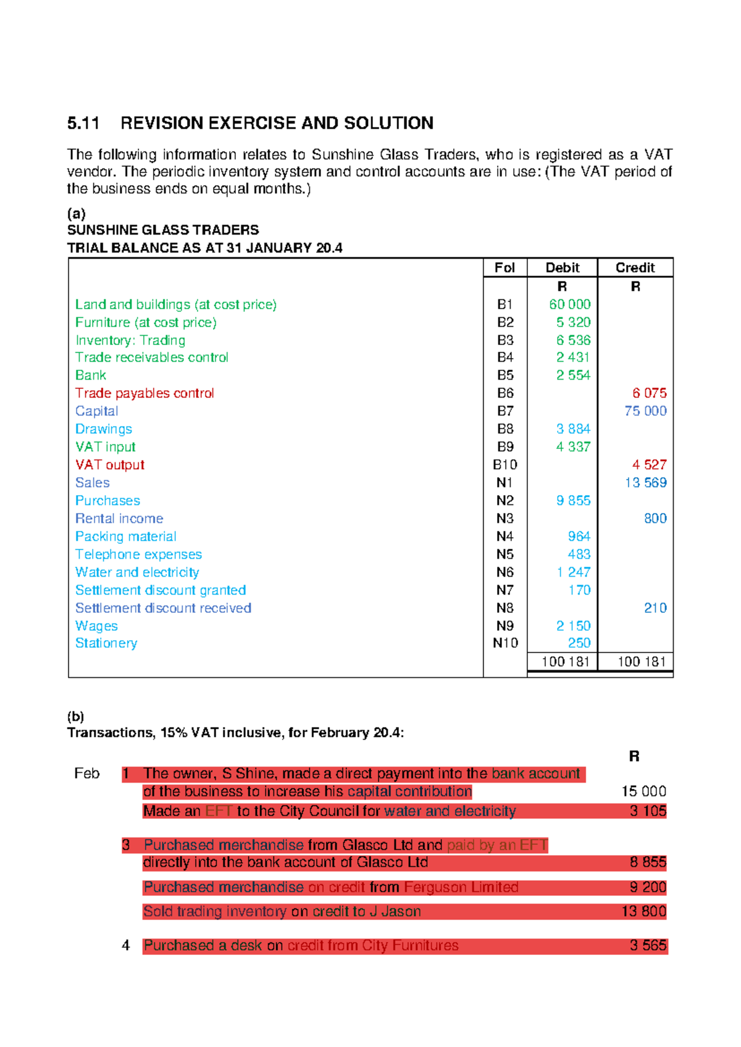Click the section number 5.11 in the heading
83,123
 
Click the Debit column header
562,268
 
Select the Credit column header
635,268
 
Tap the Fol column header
504,268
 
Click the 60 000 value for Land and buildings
569,304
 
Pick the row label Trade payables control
144,393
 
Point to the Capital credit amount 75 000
645,411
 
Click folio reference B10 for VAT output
504,465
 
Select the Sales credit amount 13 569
645,483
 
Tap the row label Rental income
119,519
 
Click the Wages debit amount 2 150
573,626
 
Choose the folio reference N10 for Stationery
505,643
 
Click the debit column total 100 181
565,662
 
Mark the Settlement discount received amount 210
655,608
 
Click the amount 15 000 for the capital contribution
643,791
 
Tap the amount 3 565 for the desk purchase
648,946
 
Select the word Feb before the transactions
86,774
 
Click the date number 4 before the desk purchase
126,946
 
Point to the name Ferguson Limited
461,888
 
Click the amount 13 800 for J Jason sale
643,912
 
